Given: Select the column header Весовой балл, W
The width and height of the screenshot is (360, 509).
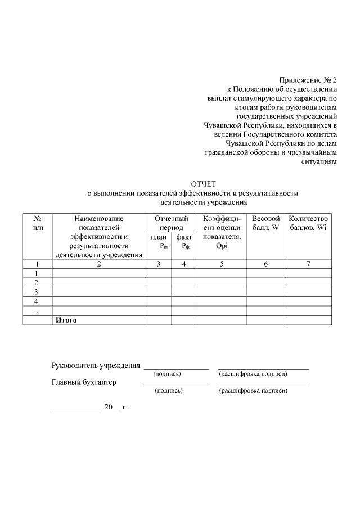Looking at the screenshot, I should click(265, 223).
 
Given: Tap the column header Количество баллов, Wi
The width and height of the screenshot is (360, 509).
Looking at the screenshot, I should click(308, 223).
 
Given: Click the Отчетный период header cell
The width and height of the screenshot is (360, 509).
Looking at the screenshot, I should click(171, 223).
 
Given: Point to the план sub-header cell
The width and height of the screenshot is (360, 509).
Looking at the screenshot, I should click(159, 241).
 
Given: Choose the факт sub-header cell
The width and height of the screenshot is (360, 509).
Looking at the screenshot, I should click(184, 241).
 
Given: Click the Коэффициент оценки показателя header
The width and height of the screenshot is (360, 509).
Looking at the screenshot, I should click(222, 232).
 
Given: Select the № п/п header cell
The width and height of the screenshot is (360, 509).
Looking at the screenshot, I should click(37, 223).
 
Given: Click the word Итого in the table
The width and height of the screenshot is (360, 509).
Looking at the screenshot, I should click(65, 320).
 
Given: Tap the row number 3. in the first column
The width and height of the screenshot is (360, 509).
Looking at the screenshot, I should click(37, 292).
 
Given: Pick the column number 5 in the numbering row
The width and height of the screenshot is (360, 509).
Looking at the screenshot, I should click(222, 264).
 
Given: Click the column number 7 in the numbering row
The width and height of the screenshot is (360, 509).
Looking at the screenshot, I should click(308, 264).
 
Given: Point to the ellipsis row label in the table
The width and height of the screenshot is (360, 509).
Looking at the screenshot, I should click(37, 311).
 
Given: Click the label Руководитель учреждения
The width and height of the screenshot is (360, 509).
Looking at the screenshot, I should click(96, 366).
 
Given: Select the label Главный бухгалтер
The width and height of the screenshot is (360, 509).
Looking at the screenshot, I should click(84, 382).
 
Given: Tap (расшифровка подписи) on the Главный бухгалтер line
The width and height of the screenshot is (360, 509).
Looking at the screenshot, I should click(253, 390).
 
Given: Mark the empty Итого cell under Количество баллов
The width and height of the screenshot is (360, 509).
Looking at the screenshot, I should click(308, 320).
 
